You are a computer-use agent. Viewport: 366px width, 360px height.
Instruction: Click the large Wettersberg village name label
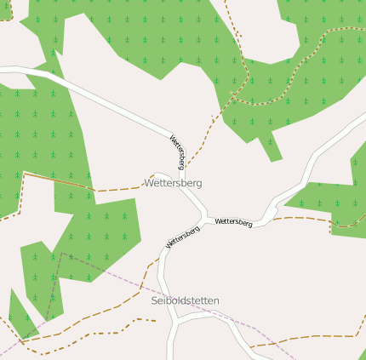coord(174,183)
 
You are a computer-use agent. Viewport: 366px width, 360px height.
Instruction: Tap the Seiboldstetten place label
coord(185,300)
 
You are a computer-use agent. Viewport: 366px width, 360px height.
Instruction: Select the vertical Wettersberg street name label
coord(178,151)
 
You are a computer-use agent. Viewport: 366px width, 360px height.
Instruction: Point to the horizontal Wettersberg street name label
coord(234,222)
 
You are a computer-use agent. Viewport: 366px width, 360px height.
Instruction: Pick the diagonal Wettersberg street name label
coord(182,237)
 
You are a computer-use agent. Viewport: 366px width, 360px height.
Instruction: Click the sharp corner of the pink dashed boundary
coord(61,253)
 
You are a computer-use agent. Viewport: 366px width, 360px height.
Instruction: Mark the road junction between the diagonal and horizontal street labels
coord(205,218)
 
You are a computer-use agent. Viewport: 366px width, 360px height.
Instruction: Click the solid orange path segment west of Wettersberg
coord(55,180)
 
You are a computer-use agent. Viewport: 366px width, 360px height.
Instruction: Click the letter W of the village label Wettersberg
coord(150,183)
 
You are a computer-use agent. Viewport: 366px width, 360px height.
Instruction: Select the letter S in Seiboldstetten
coord(154,300)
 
